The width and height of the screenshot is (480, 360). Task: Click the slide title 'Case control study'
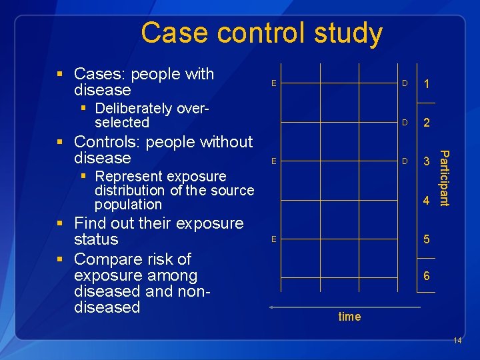click(261, 33)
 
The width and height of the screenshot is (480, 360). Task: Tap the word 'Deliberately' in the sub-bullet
click(133, 109)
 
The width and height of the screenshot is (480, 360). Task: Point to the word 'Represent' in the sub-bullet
click(127, 177)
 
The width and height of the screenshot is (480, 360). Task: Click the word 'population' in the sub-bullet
click(128, 205)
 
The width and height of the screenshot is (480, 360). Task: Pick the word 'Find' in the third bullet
click(90, 223)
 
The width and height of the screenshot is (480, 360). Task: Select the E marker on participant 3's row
click(273, 161)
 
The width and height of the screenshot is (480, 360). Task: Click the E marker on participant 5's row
click(273, 239)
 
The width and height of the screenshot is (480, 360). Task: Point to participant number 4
click(427, 200)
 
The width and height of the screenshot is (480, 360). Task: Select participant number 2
click(427, 123)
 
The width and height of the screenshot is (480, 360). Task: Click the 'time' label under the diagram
click(349, 317)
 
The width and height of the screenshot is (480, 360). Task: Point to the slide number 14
click(457, 341)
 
